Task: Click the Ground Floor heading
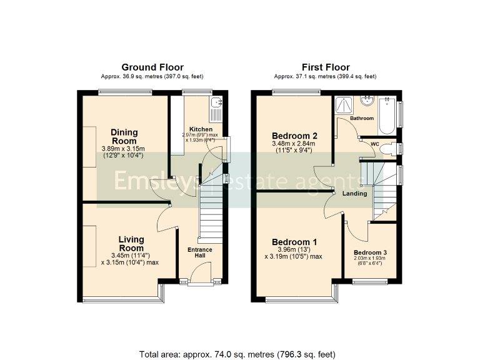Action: [152, 67]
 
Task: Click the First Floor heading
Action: [325, 67]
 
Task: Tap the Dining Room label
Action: [124, 136]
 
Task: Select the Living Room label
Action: [131, 244]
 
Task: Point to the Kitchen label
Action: [192, 129]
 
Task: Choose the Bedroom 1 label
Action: [294, 242]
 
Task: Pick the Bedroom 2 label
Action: [295, 136]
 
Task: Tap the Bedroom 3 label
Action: [370, 252]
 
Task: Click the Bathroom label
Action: [362, 118]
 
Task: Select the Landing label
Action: [354, 194]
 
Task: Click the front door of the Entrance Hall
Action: [200, 274]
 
